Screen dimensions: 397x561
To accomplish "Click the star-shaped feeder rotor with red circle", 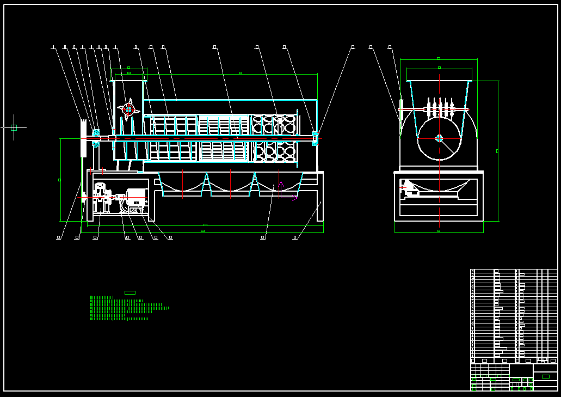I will pyautogui.click(x=128, y=109).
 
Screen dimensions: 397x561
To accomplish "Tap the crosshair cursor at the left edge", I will pyautogui.click(x=14, y=127).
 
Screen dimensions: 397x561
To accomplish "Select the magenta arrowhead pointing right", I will pyautogui.click(x=295, y=198).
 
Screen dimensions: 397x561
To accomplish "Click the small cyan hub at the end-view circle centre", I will pyautogui.click(x=439, y=138).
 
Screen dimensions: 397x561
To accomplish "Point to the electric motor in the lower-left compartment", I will pyautogui.click(x=136, y=197).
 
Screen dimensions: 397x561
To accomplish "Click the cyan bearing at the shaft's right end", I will pyautogui.click(x=315, y=138).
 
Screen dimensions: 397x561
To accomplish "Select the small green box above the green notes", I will pyautogui.click(x=130, y=292).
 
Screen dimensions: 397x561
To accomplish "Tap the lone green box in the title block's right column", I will pyautogui.click(x=545, y=376).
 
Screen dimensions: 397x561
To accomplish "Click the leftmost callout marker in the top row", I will pyautogui.click(x=53, y=47).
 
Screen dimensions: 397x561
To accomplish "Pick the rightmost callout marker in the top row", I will pyautogui.click(x=390, y=47).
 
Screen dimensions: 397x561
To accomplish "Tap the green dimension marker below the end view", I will pyautogui.click(x=439, y=231).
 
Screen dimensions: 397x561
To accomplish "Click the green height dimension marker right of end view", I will pyautogui.click(x=497, y=151).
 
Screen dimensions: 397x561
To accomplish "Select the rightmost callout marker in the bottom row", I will pyautogui.click(x=295, y=237).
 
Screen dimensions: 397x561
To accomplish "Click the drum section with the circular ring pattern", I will pyautogui.click(x=275, y=138).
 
